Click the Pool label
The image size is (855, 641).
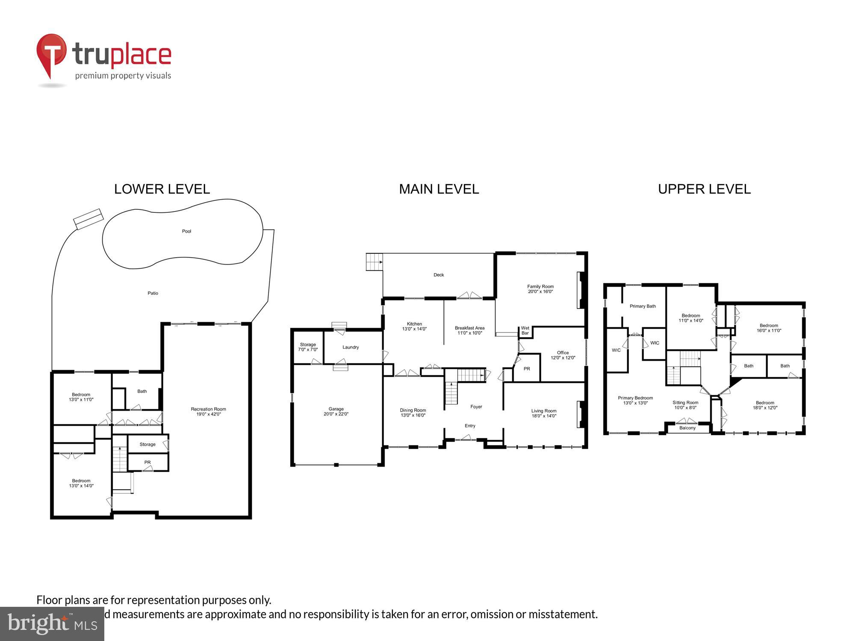(186, 231)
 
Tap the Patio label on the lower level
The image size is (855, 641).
(153, 293)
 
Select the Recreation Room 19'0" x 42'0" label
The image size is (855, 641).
(208, 412)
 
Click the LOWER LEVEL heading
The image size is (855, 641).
(162, 189)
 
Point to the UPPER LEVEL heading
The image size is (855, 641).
(704, 189)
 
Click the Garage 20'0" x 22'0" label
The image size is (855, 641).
(336, 412)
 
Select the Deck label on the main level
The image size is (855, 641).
(439, 275)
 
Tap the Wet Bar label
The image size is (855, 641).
(525, 330)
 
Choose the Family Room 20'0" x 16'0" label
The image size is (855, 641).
(540, 289)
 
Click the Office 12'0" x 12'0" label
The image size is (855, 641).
(563, 355)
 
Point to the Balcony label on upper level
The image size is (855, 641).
(687, 428)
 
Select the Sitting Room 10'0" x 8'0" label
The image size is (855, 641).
(685, 405)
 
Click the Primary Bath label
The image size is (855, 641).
(643, 306)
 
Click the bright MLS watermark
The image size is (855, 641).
(52, 624)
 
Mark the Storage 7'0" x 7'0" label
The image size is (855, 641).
(308, 347)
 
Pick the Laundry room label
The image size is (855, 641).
(351, 347)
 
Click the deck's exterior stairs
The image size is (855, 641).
(374, 262)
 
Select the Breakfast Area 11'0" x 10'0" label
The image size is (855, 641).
(469, 330)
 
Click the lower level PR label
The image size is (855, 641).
(147, 462)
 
